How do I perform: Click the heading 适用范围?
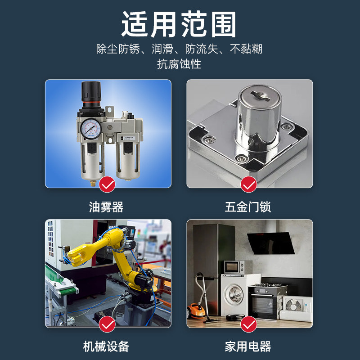[x=179, y=24]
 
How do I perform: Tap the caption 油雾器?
[x=106, y=207]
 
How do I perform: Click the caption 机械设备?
[x=106, y=346]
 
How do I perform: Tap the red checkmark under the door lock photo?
[x=248, y=184]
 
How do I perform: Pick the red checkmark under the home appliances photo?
[x=248, y=324]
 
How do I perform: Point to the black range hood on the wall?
[x=272, y=243]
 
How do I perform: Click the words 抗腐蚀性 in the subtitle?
[x=179, y=64]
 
